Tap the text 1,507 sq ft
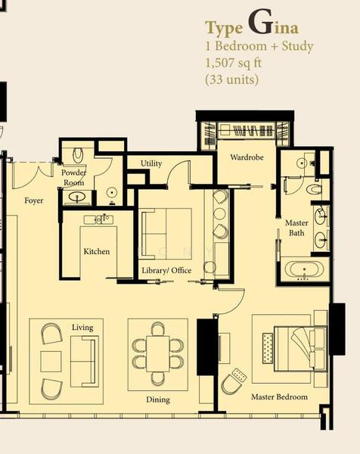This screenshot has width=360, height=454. coord(233,63)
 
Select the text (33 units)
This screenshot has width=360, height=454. coord(231,79)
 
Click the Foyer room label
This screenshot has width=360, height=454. coord(34,201)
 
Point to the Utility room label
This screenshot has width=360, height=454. coord(151,163)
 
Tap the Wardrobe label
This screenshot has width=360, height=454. coord(247,157)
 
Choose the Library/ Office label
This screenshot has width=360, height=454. coord(166,270)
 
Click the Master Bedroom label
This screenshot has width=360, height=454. coord(279,396)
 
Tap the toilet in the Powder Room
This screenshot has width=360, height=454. coord(78,155)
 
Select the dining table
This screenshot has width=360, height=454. coord(157,353)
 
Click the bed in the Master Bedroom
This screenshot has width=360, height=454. coord(300,348)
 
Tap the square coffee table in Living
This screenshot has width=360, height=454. coord(51,362)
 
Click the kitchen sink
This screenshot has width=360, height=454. coord(98,219)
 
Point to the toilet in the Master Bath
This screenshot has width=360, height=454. coord(315,189)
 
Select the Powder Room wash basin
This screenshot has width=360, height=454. coord(77,197)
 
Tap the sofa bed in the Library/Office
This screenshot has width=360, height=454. coord(166,234)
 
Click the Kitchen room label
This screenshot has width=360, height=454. coord(97,251)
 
